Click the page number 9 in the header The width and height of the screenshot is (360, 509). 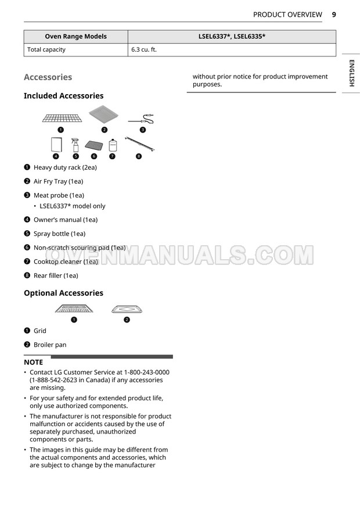pyautogui.click(x=334, y=15)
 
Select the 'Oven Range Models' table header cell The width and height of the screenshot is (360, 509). pyautogui.click(x=76, y=37)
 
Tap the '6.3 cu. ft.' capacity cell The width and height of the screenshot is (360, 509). pyautogui.click(x=144, y=50)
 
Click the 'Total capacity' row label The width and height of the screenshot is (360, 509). pyautogui.click(x=46, y=50)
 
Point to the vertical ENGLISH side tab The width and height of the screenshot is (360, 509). pyautogui.click(x=351, y=73)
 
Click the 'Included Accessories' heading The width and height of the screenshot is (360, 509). pyautogui.click(x=63, y=96)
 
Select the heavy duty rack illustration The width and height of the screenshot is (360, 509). pyautogui.click(x=62, y=118)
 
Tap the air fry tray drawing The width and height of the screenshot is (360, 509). pyautogui.click(x=105, y=116)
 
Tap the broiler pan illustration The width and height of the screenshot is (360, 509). pyautogui.click(x=127, y=309)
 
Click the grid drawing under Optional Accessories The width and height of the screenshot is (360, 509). pyautogui.click(x=74, y=309)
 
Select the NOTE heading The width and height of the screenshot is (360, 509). pyautogui.click(x=33, y=362)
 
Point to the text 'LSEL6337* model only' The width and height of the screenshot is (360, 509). pyautogui.click(x=73, y=206)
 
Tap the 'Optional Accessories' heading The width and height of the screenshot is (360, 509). pyautogui.click(x=63, y=293)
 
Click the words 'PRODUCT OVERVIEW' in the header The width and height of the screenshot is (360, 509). pyautogui.click(x=287, y=15)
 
